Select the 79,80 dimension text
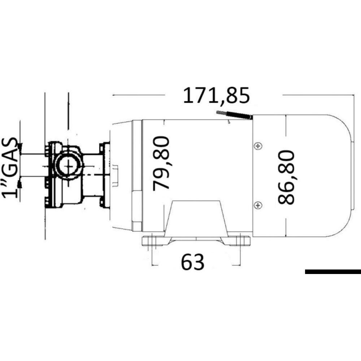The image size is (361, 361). (161, 163)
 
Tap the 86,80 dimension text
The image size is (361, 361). (287, 178)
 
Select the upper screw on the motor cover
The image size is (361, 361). (257, 146)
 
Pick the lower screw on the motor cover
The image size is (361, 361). (257, 205)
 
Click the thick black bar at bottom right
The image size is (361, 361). (332, 272)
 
